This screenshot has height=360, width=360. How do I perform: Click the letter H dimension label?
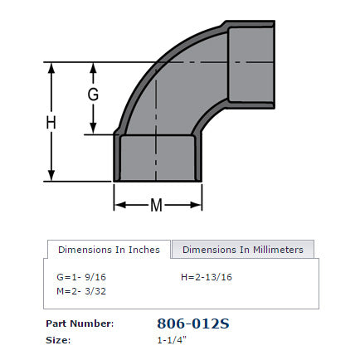pos(51,122)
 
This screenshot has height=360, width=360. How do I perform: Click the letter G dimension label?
pos(93,95)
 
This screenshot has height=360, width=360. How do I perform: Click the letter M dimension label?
pos(158,204)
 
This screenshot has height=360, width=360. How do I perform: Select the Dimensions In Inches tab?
pos(109,249)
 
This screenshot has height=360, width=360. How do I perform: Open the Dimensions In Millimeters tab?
pos(243,249)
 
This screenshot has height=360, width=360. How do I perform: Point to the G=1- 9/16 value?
pos(80,276)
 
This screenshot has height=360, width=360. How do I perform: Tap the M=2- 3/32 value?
pos(80,290)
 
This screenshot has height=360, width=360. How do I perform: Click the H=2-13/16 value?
pos(207,276)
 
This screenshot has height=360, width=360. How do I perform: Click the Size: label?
pos(60,339)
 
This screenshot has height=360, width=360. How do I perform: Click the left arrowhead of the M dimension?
pos(118,204)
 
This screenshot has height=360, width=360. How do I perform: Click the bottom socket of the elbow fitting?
pos(158,158)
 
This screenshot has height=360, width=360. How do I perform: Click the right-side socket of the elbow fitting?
pos(251,62)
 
